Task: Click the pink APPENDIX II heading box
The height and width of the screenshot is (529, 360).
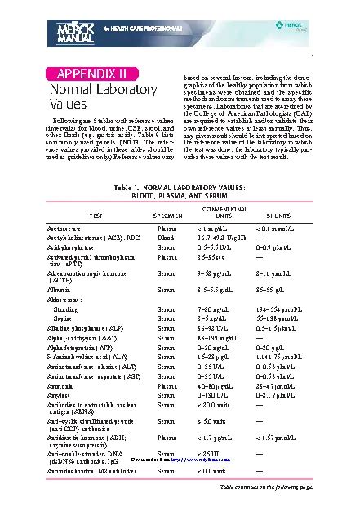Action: (x=84, y=74)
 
